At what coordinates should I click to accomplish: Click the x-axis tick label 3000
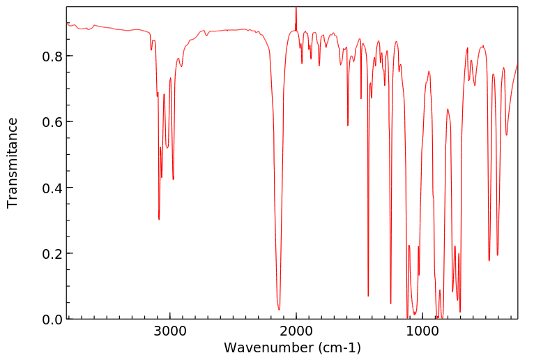[x=169, y=332]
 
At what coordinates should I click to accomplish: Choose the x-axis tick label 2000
[x=296, y=332]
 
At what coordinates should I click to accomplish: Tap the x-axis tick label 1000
[x=422, y=332]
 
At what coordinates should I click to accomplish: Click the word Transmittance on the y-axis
[x=13, y=163]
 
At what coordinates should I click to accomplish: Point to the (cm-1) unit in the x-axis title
[x=337, y=347]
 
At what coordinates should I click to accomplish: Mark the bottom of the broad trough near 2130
[x=279, y=309]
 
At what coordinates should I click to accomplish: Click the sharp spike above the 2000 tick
[x=296, y=8]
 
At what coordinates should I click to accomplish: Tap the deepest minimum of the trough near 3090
[x=159, y=219]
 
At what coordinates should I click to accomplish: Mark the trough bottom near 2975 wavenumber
[x=173, y=179]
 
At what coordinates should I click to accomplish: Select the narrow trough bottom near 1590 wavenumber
[x=348, y=126]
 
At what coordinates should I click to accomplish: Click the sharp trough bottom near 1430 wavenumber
[x=368, y=296]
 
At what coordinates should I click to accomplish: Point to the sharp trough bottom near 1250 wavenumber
[x=390, y=303]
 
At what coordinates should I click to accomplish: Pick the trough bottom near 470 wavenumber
[x=489, y=260]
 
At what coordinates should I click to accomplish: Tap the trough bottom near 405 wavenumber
[x=497, y=255]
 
